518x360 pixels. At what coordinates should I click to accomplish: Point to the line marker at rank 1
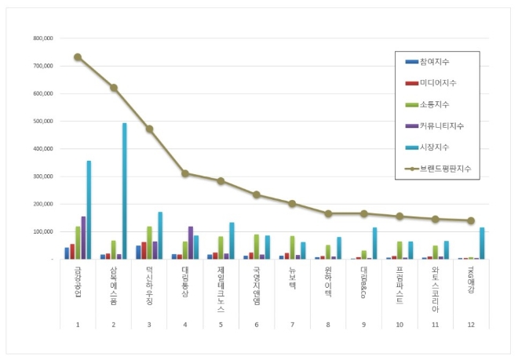tap(78, 56)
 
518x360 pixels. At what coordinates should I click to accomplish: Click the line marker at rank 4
tap(184, 173)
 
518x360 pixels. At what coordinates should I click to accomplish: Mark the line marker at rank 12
tap(471, 220)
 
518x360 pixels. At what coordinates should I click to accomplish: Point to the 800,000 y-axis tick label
tap(42, 38)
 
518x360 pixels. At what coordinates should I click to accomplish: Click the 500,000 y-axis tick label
tap(42, 121)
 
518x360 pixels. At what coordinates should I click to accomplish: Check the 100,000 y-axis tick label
tap(42, 231)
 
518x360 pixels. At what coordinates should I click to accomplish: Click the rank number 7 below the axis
tap(292, 324)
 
